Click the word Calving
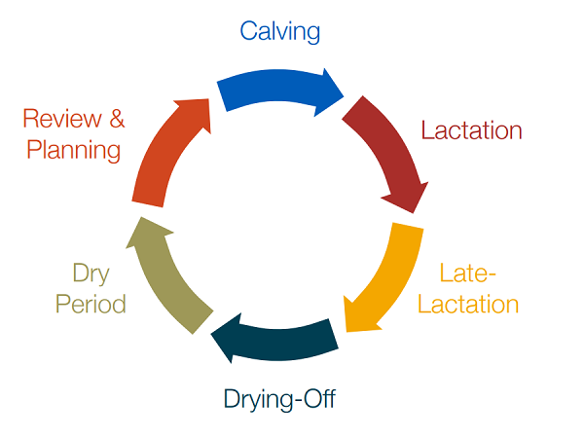[280, 31]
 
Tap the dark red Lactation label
[471, 131]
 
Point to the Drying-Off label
[279, 399]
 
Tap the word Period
[91, 304]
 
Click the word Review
[60, 120]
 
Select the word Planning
[74, 150]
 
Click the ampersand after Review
[116, 120]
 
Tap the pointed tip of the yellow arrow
[344, 328]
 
